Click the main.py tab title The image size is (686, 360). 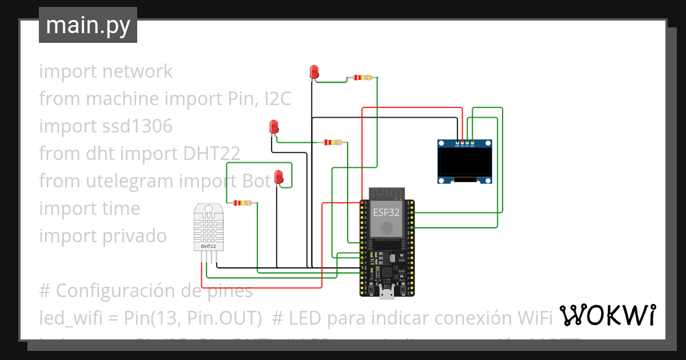point(87,25)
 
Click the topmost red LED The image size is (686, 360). point(314,72)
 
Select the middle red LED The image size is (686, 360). point(274,127)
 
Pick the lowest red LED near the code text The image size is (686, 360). point(279,177)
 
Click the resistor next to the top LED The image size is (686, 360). point(362,77)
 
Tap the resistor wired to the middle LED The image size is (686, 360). point(332,142)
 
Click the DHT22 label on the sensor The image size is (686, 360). point(208,246)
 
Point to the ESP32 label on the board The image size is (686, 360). point(386,212)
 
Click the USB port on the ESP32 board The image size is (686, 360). point(387,294)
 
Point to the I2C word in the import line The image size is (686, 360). point(277,99)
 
